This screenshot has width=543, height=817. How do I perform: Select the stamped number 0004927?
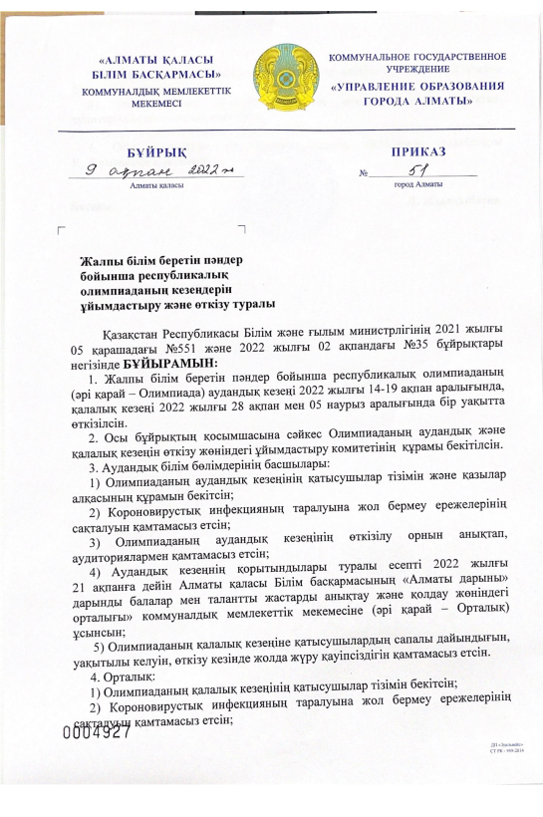tap(98, 731)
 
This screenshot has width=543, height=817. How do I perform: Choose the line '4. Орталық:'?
tap(125, 667)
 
